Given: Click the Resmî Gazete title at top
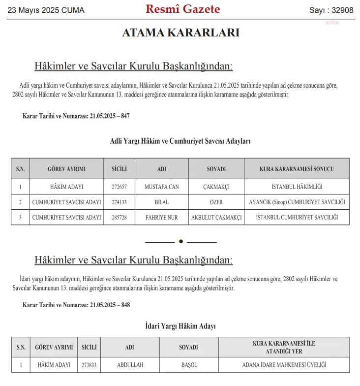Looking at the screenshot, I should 183,9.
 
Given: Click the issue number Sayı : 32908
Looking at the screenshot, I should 331,10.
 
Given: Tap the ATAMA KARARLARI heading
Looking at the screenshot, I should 180,33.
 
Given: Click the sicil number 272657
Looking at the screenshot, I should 119,187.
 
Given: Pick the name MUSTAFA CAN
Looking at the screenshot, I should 162,187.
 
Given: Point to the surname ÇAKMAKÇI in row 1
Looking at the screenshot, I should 216,187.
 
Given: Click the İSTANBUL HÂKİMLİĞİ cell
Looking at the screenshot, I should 297,187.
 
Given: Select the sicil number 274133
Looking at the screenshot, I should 119,202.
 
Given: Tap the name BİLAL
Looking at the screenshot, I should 162,202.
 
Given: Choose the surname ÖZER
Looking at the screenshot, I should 216,202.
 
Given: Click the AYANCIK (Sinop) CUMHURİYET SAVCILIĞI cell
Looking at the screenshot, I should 297,202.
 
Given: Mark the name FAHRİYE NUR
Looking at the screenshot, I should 162,218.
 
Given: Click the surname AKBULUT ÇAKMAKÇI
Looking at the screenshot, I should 216,218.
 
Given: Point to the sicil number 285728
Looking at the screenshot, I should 119,218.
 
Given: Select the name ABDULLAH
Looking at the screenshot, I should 130,365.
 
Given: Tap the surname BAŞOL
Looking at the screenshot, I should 189,365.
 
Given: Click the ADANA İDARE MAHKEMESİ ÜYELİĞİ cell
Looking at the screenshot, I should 284,365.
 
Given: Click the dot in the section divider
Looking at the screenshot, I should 181,241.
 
